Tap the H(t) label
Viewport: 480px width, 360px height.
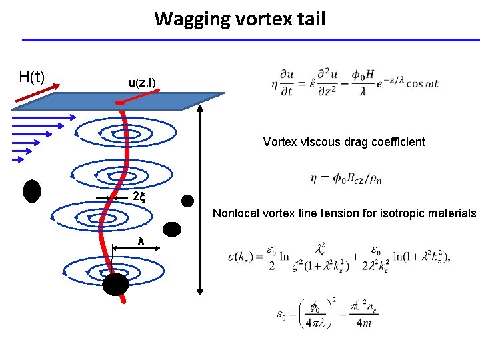coord(32,77)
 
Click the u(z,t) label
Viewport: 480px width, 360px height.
coord(142,83)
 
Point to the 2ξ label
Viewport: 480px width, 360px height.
coord(139,197)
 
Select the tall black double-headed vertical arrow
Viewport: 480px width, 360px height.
coord(200,201)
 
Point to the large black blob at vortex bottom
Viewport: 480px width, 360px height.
coord(115,284)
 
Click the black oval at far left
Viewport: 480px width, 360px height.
coord(31,191)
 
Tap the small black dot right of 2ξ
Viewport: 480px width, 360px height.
coord(189,200)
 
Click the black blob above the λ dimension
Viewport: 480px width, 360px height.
coord(172,229)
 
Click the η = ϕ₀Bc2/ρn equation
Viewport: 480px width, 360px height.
coord(346,178)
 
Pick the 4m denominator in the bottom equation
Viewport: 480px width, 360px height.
coord(363,324)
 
